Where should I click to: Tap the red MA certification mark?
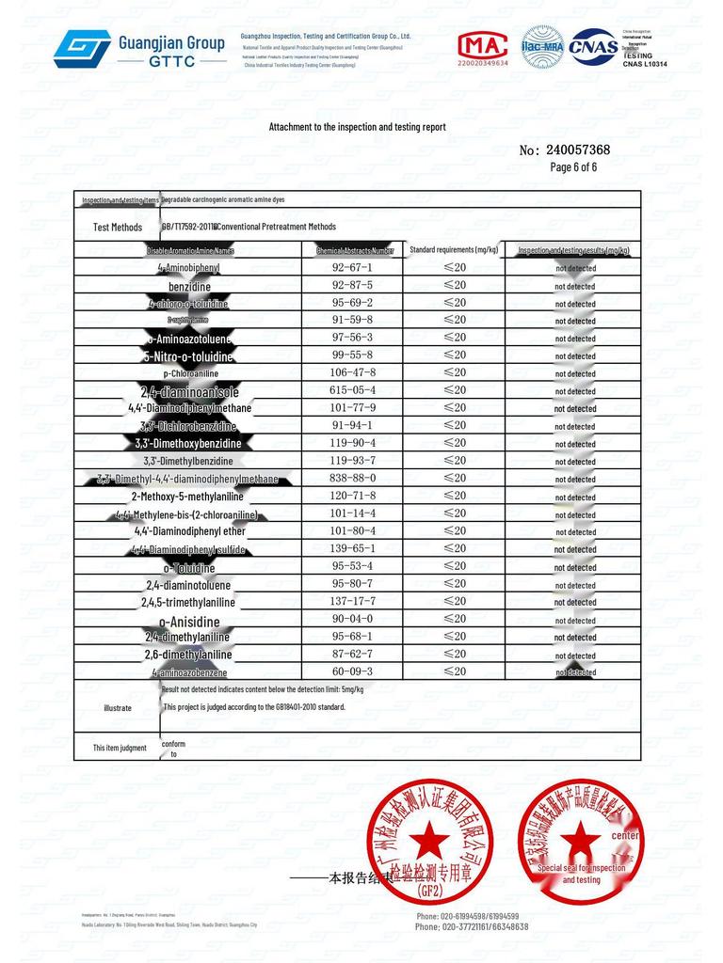pyautogui.click(x=482, y=47)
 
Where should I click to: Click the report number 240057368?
pyautogui.click(x=577, y=150)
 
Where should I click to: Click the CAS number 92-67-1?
pyautogui.click(x=353, y=268)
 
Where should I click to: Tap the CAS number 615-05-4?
pyautogui.click(x=353, y=390)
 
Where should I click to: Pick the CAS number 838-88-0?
pyautogui.click(x=353, y=478)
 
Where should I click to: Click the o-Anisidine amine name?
pyautogui.click(x=189, y=622)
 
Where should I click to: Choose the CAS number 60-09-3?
pyautogui.click(x=353, y=671)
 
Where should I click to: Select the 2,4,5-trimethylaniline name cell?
pyautogui.click(x=188, y=603)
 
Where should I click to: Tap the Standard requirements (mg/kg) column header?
pyautogui.click(x=454, y=249)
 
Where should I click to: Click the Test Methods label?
pyautogui.click(x=118, y=228)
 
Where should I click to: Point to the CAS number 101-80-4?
pyautogui.click(x=353, y=530)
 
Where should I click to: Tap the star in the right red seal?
pyautogui.click(x=581, y=837)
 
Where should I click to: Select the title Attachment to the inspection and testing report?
pyautogui.click(x=358, y=127)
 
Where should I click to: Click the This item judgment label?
pyautogui.click(x=120, y=748)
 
